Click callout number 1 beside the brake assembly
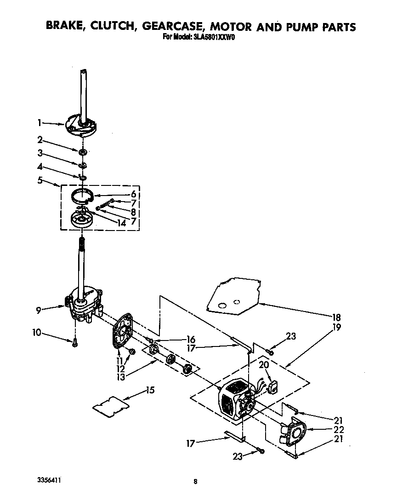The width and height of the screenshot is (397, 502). (x=40, y=122)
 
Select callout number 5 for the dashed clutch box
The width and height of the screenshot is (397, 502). (x=40, y=180)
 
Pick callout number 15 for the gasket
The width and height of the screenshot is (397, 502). (x=150, y=390)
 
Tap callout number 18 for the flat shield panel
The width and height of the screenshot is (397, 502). (x=336, y=317)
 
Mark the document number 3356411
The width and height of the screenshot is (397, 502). (x=48, y=480)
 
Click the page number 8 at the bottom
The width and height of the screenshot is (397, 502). (x=196, y=482)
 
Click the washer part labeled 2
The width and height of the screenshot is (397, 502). (x=83, y=151)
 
